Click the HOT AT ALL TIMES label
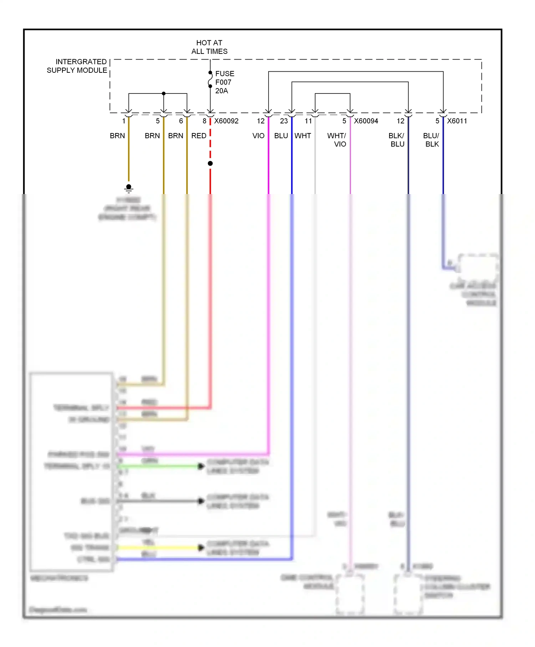(209, 47)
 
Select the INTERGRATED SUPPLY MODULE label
(77, 66)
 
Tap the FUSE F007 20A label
(224, 82)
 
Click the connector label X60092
(226, 121)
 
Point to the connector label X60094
(366, 121)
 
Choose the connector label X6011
(457, 121)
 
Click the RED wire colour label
(199, 136)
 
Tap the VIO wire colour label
(259, 136)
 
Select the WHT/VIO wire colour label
(337, 140)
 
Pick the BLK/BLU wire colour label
(397, 140)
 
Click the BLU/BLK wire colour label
(432, 140)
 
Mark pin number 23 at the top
(284, 121)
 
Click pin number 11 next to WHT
(309, 121)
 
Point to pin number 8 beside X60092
(204, 121)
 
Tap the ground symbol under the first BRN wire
(129, 188)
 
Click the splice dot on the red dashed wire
(210, 163)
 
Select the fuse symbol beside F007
(210, 80)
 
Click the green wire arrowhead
(201, 466)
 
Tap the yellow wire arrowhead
(201, 547)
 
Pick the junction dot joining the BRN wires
(164, 93)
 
